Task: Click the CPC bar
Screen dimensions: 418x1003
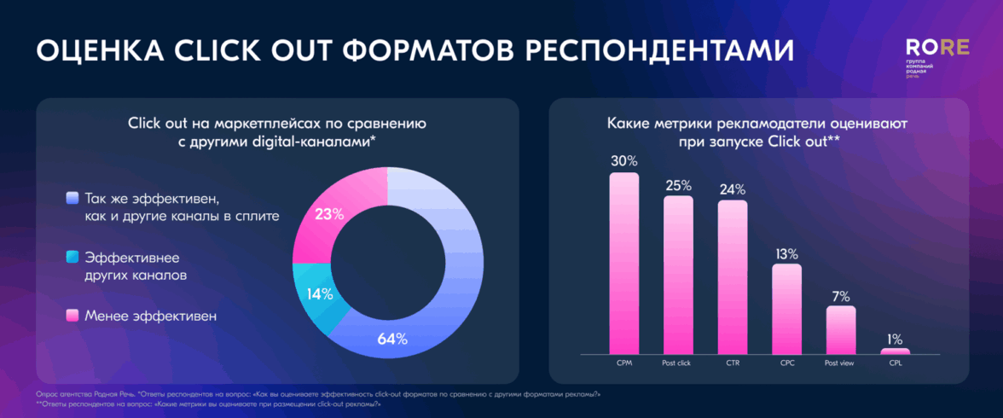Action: click(786, 308)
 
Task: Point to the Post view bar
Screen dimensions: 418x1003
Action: click(841, 329)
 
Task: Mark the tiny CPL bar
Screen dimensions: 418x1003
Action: click(895, 351)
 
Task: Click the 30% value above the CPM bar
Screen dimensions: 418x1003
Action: click(623, 160)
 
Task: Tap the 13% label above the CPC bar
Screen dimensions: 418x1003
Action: click(786, 253)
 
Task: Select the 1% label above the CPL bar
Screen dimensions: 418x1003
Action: click(895, 338)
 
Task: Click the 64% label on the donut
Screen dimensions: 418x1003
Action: click(392, 339)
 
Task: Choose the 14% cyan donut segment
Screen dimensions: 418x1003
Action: click(316, 293)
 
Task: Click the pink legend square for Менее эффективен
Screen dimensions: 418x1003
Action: click(72, 316)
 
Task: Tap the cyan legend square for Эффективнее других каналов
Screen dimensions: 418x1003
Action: click(72, 256)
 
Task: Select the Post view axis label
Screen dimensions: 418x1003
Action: click(841, 363)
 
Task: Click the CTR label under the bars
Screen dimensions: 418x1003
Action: click(733, 363)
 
